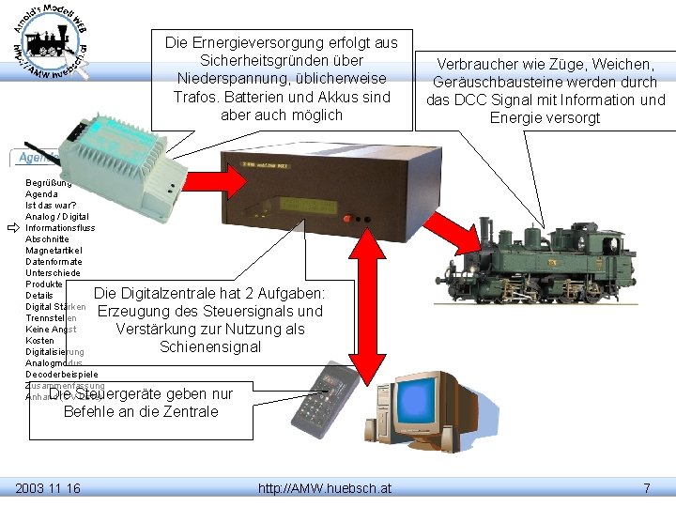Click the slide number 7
(646, 488)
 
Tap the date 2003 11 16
(48, 488)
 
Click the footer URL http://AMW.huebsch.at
(325, 488)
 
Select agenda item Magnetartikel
(54, 251)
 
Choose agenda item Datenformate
(54, 262)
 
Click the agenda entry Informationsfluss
(60, 228)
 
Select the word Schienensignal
(210, 347)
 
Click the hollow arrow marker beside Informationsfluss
(13, 228)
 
